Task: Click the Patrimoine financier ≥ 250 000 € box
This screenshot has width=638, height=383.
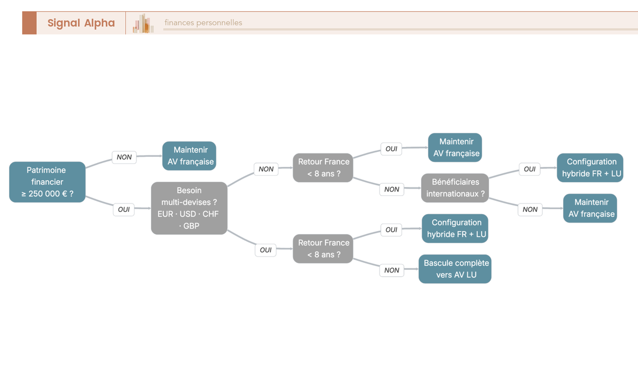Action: pyautogui.click(x=47, y=182)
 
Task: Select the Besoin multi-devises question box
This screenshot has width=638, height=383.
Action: pyautogui.click(x=189, y=208)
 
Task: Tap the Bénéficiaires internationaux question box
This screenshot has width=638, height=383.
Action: pyautogui.click(x=455, y=188)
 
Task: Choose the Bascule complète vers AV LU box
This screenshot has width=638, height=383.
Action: pyautogui.click(x=455, y=269)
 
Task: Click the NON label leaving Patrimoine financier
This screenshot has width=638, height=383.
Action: pyautogui.click(x=124, y=157)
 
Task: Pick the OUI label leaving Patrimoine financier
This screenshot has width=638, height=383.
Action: pyautogui.click(x=123, y=209)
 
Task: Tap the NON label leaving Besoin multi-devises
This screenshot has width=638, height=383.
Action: pyautogui.click(x=266, y=169)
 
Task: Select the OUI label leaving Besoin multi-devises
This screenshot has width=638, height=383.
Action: pyautogui.click(x=265, y=250)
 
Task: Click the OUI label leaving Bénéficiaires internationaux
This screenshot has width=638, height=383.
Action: pyautogui.click(x=530, y=169)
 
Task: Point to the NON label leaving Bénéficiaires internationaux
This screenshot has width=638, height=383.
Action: pyautogui.click(x=530, y=209)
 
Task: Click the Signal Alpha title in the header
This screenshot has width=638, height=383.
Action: pyautogui.click(x=81, y=23)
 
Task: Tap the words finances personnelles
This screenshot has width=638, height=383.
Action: pyautogui.click(x=203, y=22)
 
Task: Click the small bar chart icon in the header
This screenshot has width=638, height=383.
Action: pyautogui.click(x=143, y=23)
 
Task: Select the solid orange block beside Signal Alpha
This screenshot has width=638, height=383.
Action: pyautogui.click(x=29, y=23)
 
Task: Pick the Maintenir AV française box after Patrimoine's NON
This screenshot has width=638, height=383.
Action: pyautogui.click(x=189, y=156)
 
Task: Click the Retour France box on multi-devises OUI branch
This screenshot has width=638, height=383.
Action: pyautogui.click(x=323, y=249)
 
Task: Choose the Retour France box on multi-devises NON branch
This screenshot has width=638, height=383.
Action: pyautogui.click(x=323, y=168)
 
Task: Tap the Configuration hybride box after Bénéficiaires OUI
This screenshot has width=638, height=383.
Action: pyautogui.click(x=590, y=168)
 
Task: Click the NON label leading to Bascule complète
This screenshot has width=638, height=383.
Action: pyautogui.click(x=392, y=270)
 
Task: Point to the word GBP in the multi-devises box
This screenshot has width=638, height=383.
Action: pyautogui.click(x=191, y=226)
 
